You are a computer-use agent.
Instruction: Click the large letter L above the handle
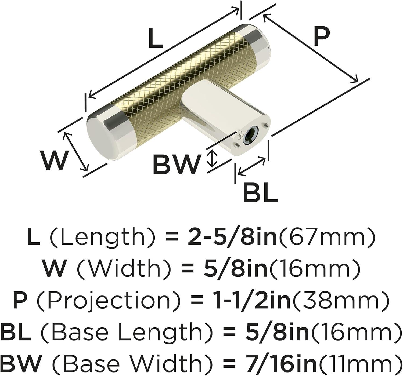coord(156,38)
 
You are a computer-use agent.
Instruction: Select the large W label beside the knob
coord(54,161)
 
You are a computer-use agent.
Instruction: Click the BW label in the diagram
coord(177,165)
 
